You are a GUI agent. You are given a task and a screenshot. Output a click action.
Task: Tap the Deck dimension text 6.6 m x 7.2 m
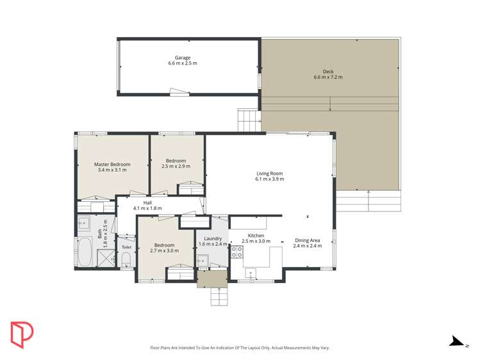pos(328,78)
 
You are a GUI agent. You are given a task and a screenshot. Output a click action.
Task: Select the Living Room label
pos(269,173)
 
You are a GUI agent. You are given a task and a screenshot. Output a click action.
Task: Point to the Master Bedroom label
pos(112,164)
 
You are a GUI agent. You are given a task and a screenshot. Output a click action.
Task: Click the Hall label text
pos(147,202)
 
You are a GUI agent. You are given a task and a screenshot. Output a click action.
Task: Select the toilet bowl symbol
pos(126,259)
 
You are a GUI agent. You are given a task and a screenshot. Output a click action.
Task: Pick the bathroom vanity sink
pos(84,223)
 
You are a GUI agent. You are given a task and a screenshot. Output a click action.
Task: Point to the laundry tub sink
pos(203,260)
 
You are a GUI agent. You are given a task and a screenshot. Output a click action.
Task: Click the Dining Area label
pos(307,240)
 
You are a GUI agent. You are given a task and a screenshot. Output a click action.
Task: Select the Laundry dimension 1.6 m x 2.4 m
pos(212,244)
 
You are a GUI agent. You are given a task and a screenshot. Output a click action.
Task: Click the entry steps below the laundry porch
pos(219,297)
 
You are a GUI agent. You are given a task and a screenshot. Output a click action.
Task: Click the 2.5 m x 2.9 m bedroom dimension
pos(176,167)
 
